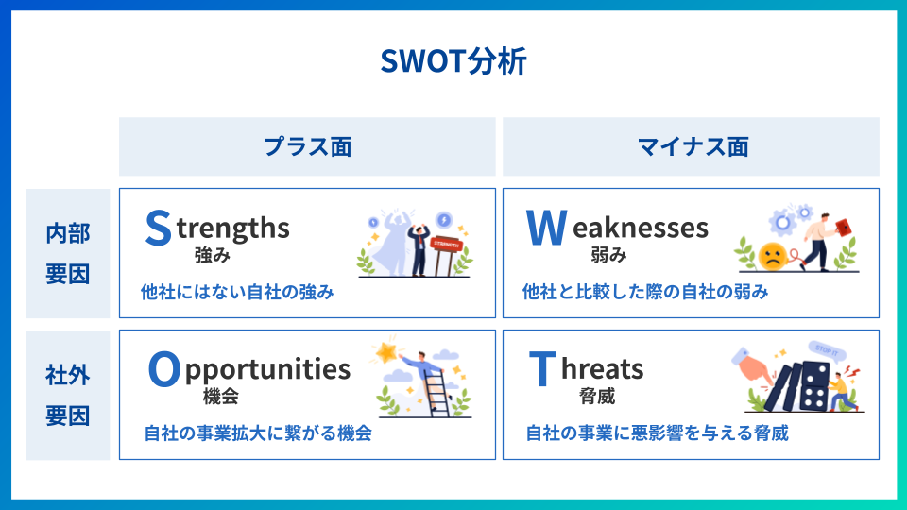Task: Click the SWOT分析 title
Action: click(x=453, y=60)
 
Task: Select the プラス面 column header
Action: click(x=308, y=147)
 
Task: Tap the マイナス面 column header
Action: click(x=693, y=147)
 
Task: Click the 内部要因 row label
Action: click(x=68, y=253)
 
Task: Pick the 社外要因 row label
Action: click(x=68, y=396)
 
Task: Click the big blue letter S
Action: click(x=158, y=228)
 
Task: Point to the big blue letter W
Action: click(x=546, y=228)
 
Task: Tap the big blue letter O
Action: click(x=164, y=369)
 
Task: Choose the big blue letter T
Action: click(x=542, y=369)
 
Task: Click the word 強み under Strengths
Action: click(x=213, y=255)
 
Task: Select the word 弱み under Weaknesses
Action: click(x=608, y=255)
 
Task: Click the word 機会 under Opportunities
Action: click(x=221, y=397)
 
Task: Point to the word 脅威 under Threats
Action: click(x=597, y=397)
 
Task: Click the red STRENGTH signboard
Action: click(x=446, y=245)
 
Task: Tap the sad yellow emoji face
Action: click(x=773, y=256)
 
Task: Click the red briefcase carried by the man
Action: click(x=844, y=228)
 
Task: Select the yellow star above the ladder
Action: click(x=385, y=352)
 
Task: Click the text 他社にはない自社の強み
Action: click(x=237, y=292)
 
